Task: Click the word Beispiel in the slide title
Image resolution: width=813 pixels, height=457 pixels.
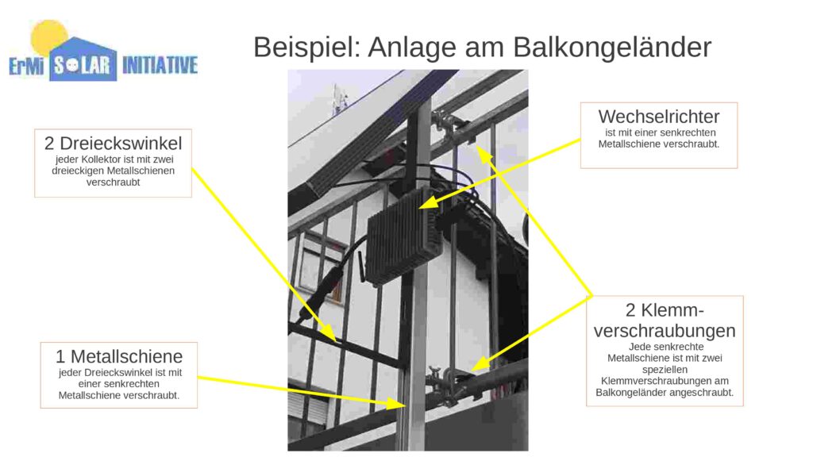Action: pos(306,47)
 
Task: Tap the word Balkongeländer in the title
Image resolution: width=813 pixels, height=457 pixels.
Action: pos(612,48)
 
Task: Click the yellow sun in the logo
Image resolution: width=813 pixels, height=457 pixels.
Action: pos(48,37)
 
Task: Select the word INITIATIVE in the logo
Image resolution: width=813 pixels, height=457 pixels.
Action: pos(160,66)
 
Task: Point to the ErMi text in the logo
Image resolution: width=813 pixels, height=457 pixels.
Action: pos(26,67)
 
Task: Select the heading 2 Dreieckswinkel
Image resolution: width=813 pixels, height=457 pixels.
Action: pos(113,143)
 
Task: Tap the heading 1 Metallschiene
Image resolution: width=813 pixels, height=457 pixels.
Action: pos(119,356)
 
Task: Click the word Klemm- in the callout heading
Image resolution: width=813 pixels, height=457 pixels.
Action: pos(665,310)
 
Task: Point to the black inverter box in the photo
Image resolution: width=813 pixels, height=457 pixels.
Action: pos(404,236)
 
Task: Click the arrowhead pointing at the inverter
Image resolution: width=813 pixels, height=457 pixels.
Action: pos(428,202)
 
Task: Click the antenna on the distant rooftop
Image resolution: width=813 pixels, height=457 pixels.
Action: pos(340,98)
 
